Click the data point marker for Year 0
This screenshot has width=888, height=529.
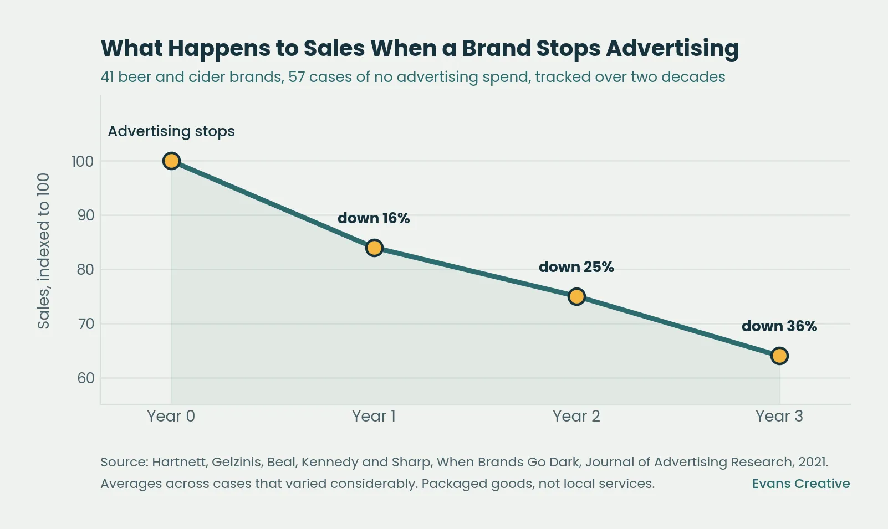171,161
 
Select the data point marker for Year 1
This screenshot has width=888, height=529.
374,248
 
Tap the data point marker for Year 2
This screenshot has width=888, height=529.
576,296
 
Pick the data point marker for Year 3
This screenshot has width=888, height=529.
779,356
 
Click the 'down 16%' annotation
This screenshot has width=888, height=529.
374,218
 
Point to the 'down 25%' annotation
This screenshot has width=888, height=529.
576,267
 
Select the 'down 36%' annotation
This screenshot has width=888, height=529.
779,326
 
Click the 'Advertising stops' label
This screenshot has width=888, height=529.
171,131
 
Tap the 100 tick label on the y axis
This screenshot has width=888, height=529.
83,162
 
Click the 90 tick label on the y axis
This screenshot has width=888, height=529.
85,215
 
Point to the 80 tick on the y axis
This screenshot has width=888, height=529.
85,270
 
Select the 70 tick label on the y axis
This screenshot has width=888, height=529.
85,324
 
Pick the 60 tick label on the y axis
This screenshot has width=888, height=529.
85,378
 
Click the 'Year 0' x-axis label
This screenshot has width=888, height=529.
171,417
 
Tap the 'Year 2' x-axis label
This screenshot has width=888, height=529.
576,417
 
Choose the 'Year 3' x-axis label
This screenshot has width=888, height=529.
779,417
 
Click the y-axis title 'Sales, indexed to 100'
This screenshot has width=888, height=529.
44,251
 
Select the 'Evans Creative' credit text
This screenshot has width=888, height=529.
801,484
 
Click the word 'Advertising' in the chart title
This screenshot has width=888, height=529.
672,49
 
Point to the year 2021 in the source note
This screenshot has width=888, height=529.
813,462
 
